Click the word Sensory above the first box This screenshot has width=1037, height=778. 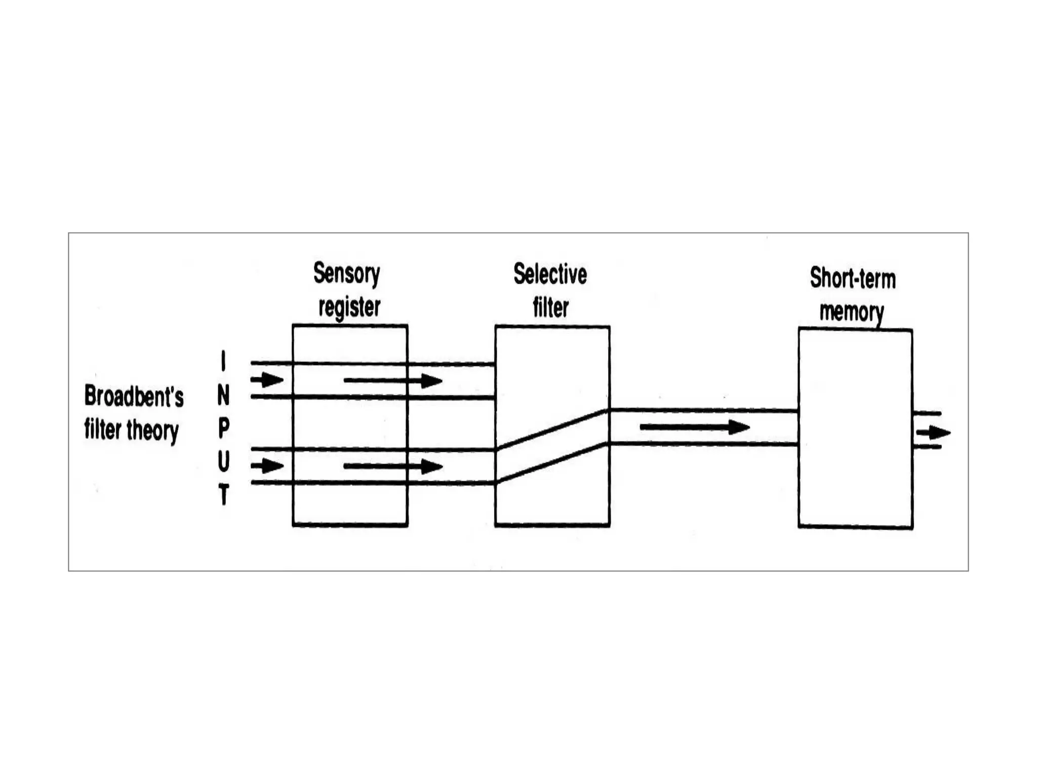click(346, 274)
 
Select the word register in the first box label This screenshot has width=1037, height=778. click(349, 307)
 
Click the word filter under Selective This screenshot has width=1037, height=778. click(550, 307)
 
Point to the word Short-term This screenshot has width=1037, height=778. click(853, 278)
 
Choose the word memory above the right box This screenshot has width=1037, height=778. click(852, 312)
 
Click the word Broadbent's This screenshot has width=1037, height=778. click(134, 396)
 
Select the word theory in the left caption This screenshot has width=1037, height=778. click(152, 431)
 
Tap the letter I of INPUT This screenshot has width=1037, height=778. click(223, 361)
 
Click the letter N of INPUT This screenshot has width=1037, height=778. click(223, 395)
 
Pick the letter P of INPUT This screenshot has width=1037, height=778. click(223, 429)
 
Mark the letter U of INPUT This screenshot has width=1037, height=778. click(223, 461)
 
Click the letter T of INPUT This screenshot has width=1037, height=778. click(223, 494)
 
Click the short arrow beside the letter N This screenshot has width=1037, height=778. click(267, 379)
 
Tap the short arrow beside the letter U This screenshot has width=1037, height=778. click(267, 465)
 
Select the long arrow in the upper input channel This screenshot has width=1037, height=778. click(393, 380)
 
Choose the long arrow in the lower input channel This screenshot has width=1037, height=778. click(393, 466)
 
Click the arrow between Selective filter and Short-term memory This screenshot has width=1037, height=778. click(695, 427)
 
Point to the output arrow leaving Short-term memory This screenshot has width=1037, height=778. click(933, 433)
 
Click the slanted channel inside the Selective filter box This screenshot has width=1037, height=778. click(552, 447)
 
